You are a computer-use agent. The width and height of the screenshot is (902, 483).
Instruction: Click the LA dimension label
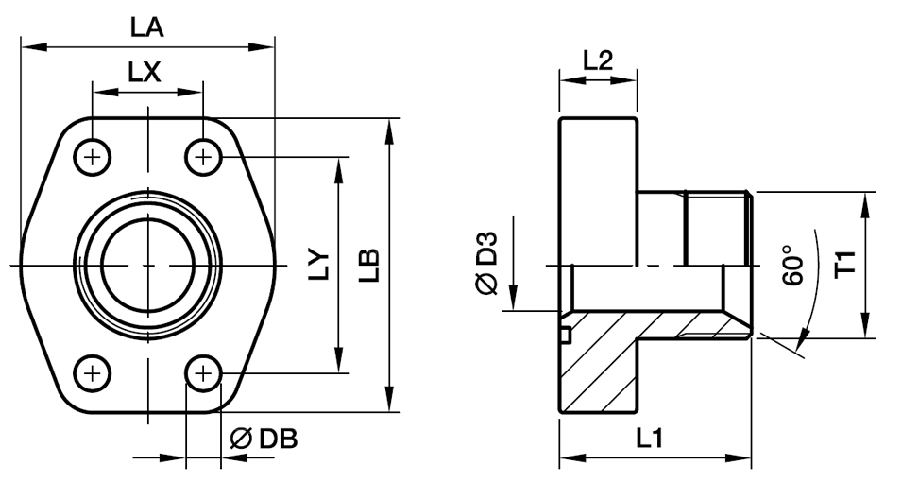[x=146, y=28]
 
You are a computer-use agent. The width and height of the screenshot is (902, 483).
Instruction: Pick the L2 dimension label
[x=598, y=60]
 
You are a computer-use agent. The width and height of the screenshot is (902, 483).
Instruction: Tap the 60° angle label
[x=791, y=266]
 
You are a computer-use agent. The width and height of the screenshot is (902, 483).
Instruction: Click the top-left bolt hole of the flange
[x=92, y=157]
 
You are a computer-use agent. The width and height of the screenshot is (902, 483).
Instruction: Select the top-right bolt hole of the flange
[x=202, y=157]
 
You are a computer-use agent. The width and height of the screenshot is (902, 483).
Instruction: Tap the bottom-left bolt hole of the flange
[x=92, y=373]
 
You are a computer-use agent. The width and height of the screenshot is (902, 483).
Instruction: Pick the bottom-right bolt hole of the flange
[x=202, y=373]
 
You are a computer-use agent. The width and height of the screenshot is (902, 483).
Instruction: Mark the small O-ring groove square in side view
[x=565, y=334]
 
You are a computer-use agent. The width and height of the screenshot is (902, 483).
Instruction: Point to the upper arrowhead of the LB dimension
[x=389, y=129]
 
